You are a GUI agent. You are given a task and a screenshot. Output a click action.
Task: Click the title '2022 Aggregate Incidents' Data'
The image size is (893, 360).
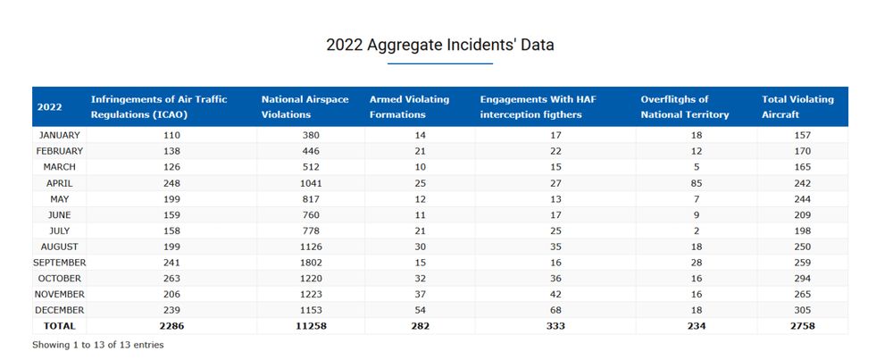(439, 45)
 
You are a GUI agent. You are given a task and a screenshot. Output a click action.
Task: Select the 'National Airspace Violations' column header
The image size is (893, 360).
(305, 106)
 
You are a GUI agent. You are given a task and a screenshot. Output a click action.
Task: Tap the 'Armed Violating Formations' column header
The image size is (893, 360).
(409, 106)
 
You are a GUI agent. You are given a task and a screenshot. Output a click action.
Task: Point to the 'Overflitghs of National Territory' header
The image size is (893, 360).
(685, 106)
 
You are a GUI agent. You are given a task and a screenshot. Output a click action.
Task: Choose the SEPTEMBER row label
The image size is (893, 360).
(60, 263)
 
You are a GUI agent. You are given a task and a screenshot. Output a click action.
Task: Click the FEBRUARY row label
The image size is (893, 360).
(60, 151)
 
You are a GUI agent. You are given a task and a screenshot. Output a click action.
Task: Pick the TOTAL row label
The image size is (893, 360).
(60, 326)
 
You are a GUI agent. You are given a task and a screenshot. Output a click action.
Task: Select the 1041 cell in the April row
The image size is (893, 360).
(312, 183)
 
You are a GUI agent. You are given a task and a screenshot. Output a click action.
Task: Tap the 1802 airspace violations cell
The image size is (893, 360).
(312, 263)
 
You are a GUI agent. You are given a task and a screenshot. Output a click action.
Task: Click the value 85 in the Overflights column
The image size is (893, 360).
(696, 183)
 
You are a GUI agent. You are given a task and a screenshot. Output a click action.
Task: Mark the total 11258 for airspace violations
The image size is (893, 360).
(312, 326)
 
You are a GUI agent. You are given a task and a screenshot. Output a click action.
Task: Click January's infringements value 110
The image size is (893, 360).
(171, 135)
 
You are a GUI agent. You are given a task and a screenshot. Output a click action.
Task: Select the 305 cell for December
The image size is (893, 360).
(801, 310)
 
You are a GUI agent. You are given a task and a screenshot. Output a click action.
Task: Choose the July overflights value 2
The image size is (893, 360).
(696, 230)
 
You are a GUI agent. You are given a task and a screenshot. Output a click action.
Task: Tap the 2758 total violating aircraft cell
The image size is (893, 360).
(801, 326)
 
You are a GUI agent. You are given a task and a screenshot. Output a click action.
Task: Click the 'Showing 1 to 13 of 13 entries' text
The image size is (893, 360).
(98, 344)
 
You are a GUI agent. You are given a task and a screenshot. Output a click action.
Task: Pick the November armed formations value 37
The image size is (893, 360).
(420, 294)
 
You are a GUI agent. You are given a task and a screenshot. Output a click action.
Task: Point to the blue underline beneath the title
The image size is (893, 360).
(439, 64)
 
